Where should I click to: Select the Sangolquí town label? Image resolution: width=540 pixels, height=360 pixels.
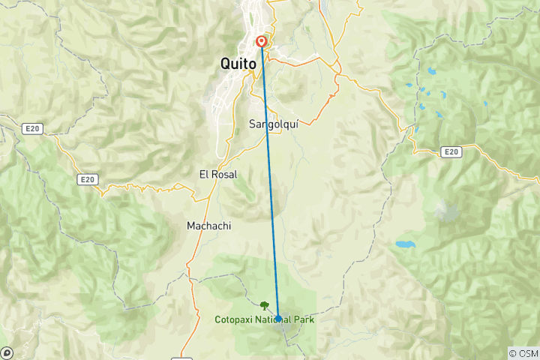pos(273,125)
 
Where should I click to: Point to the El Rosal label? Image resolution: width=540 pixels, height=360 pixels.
pos(218,174)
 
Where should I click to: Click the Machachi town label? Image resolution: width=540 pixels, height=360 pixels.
pos(208,226)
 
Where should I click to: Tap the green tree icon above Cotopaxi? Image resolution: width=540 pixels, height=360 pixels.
pos(264,305)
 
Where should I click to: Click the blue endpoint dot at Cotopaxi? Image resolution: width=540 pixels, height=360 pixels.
pos(278,318)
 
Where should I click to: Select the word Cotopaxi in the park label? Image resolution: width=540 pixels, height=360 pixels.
pos(234,319)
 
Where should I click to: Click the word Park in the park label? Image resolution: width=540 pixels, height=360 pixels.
pos(304,319)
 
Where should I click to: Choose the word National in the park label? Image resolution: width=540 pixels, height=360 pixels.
pos(272,319)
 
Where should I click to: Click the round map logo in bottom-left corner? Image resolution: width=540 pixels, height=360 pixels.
pos(6,352)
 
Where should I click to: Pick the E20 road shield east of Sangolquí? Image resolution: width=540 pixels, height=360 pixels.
pos(451,151)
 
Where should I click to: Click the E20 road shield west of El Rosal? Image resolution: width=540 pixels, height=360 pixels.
pos(87,179)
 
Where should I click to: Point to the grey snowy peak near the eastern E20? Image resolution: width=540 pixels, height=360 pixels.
pos(447,211)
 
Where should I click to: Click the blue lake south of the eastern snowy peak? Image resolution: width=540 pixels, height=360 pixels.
pos(405,244)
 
